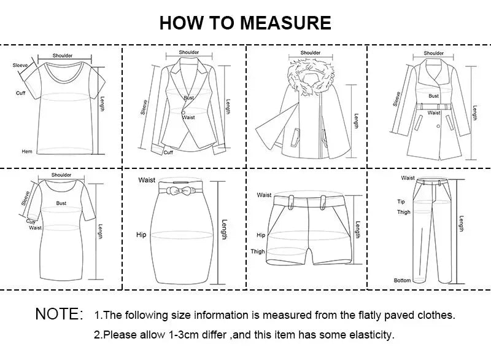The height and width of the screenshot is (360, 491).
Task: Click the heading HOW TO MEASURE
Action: (x=245, y=23)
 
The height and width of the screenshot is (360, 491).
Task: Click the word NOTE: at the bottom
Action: (x=59, y=314)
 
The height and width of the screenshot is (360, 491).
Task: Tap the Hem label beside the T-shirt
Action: (x=27, y=151)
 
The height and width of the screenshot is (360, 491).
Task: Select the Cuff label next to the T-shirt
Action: (x=20, y=93)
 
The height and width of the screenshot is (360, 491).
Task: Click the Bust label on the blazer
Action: (x=188, y=98)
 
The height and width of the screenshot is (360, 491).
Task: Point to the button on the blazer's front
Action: (x=182, y=112)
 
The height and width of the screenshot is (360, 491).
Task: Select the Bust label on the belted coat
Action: (x=433, y=96)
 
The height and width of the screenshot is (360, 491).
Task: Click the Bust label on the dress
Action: (x=61, y=203)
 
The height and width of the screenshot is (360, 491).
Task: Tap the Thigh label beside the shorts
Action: (x=258, y=251)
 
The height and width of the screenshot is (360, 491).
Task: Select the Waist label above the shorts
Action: (x=265, y=195)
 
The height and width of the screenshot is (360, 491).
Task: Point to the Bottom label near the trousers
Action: (x=402, y=281)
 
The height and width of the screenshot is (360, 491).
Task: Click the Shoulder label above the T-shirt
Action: (x=62, y=56)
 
